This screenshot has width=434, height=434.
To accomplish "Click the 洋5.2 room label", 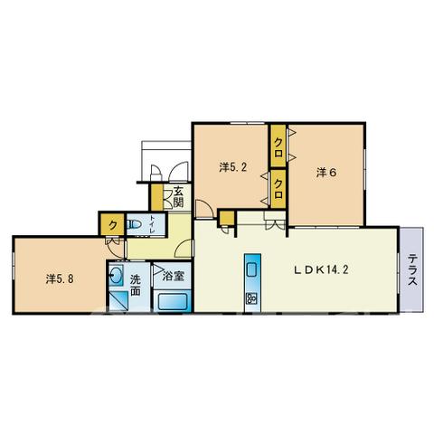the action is tap(232, 167).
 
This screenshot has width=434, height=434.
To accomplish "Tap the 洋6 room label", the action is tap(326, 173).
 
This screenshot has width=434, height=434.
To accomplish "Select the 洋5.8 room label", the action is tap(60, 278).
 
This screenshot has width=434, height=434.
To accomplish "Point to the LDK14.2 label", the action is tap(321, 269).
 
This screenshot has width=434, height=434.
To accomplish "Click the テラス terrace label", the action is tap(412, 270).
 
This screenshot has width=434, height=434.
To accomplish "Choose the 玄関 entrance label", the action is tap(178, 197).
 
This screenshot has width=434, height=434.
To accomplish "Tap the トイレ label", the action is tap(152, 224).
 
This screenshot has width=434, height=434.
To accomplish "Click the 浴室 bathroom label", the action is tap(173, 276).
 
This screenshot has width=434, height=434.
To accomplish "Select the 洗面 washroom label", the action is tap(135, 286).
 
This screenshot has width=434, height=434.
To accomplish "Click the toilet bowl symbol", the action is tap(134, 224).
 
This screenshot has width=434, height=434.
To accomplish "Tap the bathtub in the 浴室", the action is tap(173, 301).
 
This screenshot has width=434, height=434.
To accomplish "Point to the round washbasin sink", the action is tap(116, 275).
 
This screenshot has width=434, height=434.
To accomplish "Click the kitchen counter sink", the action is tap(252, 269).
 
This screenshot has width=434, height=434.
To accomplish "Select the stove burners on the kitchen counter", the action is tap(252, 297).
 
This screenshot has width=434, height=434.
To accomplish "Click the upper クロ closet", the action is tap(278, 146).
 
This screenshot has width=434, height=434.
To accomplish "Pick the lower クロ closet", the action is tap(278, 189).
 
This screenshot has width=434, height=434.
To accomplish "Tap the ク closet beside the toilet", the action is tap(112, 224).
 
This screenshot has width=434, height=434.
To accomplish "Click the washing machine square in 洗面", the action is tap(118, 301).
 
